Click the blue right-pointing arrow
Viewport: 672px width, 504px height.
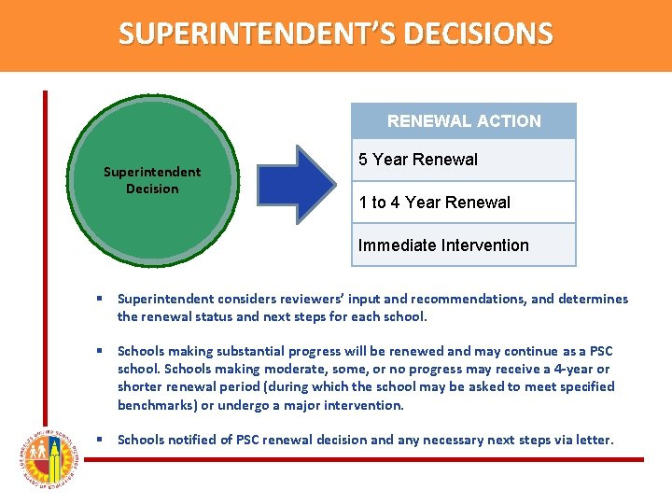click(x=297, y=184)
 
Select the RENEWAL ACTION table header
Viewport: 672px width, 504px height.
click(x=464, y=121)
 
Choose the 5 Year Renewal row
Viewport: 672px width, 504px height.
click(x=464, y=160)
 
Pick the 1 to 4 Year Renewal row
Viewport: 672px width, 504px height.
click(x=464, y=203)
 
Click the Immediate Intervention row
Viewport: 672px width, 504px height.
click(x=464, y=245)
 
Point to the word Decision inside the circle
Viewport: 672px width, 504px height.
click(x=152, y=189)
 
